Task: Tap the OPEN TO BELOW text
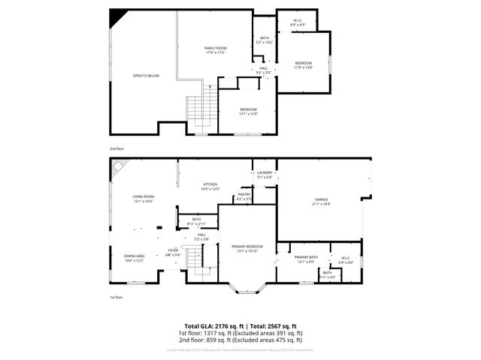pos(146,76)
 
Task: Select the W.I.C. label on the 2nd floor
pos(298,22)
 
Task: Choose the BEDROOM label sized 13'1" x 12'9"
pos(248,110)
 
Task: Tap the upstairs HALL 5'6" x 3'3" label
pos(264,70)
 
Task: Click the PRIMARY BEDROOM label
pos(247,248)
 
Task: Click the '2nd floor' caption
pos(116,149)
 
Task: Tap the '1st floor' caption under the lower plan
pos(116,297)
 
